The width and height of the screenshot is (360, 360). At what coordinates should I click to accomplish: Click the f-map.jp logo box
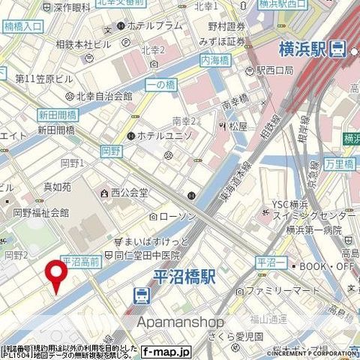click(x=166, y=350)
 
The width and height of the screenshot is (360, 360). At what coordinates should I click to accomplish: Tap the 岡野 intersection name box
click(x=111, y=151)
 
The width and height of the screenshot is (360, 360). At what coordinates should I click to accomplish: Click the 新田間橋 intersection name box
click(x=57, y=115)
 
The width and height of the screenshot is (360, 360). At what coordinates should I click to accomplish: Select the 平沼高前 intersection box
click(x=81, y=261)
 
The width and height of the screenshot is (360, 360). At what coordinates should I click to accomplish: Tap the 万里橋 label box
click(x=340, y=162)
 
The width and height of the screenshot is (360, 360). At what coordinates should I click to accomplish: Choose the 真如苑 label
click(x=36, y=187)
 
